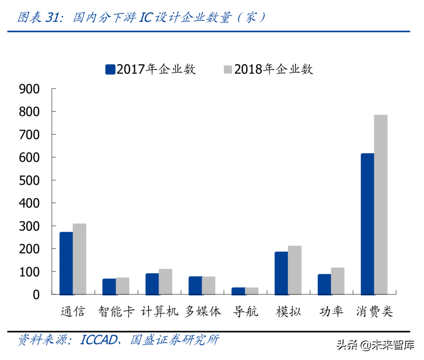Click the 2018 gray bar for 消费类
point(381,205)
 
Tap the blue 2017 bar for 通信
point(66,263)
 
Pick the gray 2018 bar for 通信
point(79,259)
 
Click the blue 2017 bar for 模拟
point(281,273)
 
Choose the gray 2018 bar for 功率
point(338,281)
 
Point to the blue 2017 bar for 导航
point(238,291)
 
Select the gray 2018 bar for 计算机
point(166,282)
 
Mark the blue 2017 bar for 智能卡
point(109,286)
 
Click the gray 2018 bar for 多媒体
point(209,285)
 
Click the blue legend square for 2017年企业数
point(110,69)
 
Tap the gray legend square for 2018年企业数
point(228,69)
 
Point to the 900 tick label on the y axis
point(29,89)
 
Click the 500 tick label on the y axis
point(29,180)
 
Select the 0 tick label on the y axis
point(36,295)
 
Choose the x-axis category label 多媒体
point(203,311)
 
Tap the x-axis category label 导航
point(246,311)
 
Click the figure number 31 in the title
point(53,17)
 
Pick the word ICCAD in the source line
point(99,340)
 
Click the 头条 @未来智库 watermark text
point(375,345)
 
